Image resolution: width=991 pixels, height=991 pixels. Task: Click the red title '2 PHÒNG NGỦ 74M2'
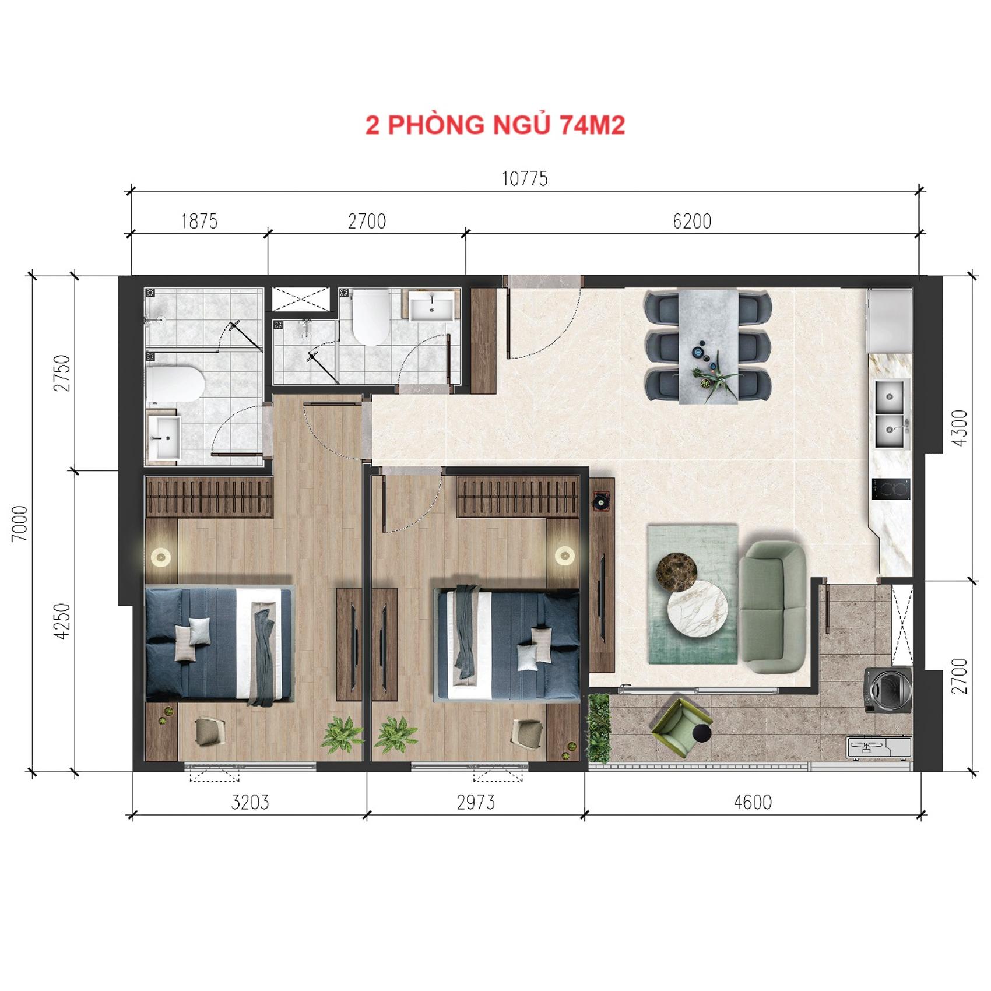(x=495, y=125)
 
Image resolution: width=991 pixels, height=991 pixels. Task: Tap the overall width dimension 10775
(x=525, y=178)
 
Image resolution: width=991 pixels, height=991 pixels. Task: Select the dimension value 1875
(x=199, y=222)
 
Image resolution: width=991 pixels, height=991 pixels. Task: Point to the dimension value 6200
(x=692, y=222)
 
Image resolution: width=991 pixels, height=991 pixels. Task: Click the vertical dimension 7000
(x=20, y=523)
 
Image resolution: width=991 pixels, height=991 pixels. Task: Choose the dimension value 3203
(x=250, y=802)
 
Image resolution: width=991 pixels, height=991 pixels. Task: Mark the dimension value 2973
(x=476, y=802)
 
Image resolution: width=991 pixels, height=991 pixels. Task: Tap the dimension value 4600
(x=753, y=802)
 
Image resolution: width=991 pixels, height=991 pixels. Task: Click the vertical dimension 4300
(x=959, y=428)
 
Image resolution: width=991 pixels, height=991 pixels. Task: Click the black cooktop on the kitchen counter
(x=891, y=489)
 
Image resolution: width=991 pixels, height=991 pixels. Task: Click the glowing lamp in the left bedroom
(x=161, y=557)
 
